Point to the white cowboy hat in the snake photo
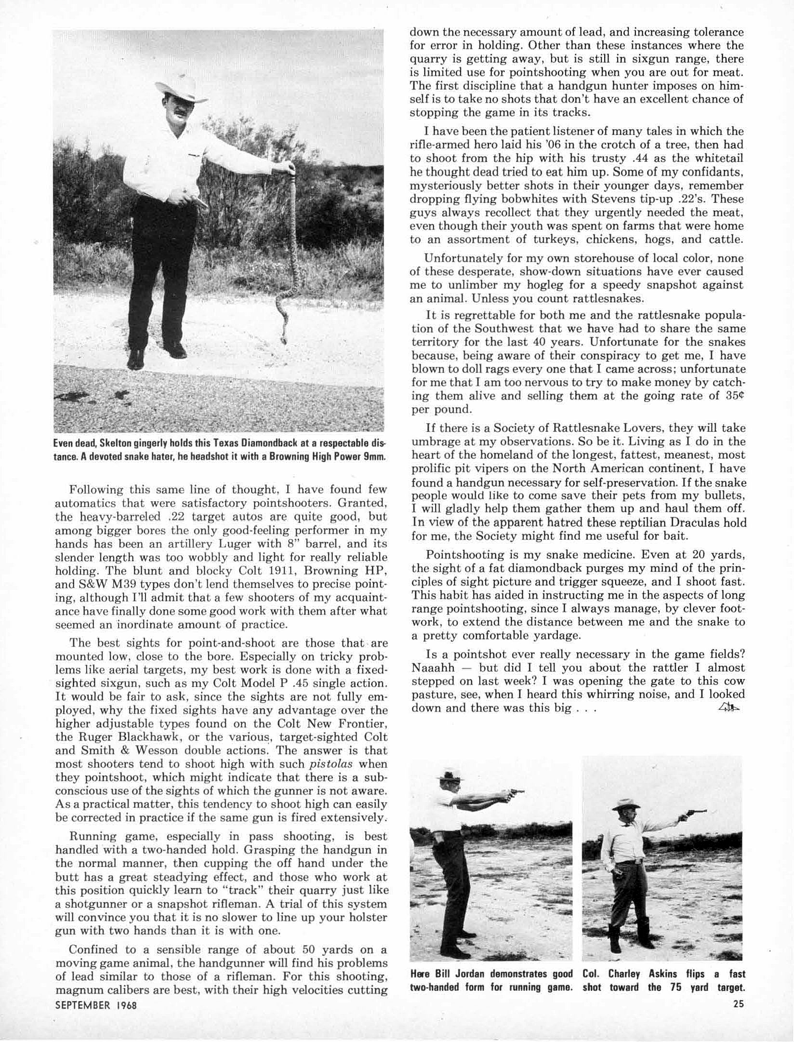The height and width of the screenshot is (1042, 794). [x=180, y=90]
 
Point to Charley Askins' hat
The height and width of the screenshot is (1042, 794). [x=627, y=803]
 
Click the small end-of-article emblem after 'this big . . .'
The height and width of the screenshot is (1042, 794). [x=728, y=708]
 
